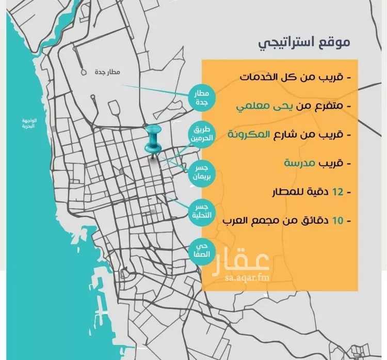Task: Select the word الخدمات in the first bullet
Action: point(257,77)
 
